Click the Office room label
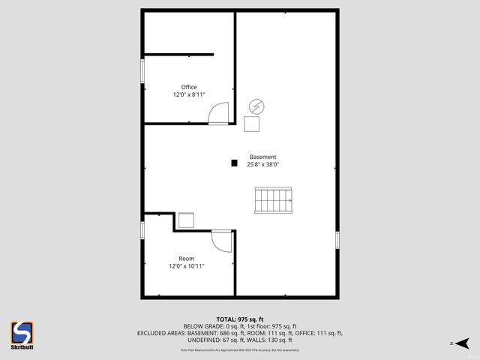189,87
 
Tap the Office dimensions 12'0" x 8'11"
189,94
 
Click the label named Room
187,258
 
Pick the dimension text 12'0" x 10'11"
187,265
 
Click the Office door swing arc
218,113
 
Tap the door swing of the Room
220,240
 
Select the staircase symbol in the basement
273,200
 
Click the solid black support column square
235,163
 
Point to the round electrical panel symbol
256,106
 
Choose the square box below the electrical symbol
253,123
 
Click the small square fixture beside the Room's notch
186,219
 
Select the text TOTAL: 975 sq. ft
240,319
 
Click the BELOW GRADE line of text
240,326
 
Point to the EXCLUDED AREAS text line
240,333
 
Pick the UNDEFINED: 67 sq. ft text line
240,340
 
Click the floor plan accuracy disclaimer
240,349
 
